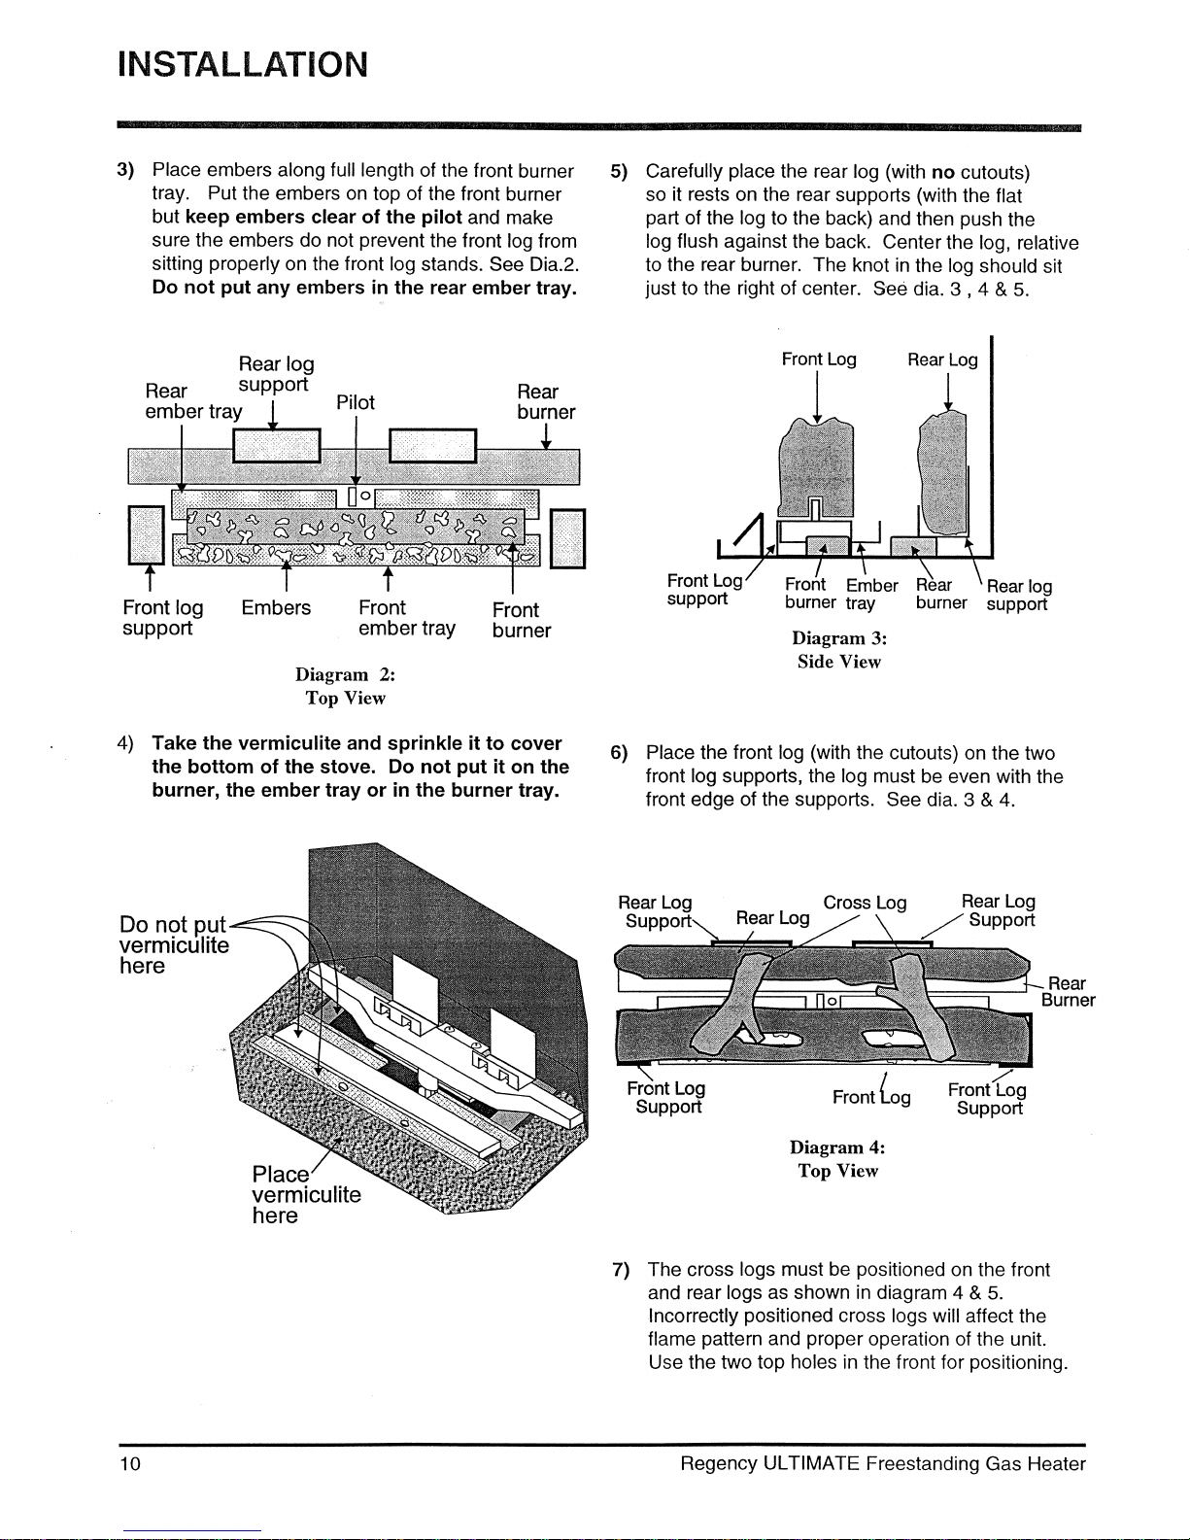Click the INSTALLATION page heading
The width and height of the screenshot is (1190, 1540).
coord(242,65)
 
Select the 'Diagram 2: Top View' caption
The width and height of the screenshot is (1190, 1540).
coord(345,686)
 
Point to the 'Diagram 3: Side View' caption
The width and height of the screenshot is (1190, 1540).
coord(839,650)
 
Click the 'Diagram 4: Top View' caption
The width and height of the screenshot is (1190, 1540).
coord(837,1159)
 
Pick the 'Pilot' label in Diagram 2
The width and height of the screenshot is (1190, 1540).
coord(356,402)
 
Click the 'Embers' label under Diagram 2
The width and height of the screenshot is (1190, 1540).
coord(276,608)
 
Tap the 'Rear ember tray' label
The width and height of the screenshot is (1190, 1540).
coord(192,401)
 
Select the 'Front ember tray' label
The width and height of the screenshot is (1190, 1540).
coord(406,618)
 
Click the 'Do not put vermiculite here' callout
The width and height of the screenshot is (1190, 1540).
coord(173,944)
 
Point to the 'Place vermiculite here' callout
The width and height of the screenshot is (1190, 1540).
coord(305,1194)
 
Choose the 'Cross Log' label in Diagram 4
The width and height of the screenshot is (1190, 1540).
coord(865,903)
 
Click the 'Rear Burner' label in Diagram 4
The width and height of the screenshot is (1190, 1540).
coord(1068,992)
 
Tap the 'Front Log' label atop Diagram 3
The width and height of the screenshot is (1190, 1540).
coord(819,359)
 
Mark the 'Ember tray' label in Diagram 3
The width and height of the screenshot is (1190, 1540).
coord(871,594)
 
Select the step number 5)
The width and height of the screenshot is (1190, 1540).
coord(619,172)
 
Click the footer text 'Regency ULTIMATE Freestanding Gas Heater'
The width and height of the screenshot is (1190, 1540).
coord(882,1464)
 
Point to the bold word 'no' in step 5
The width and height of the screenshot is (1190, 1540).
coord(943,172)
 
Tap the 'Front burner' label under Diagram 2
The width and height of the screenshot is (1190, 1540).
coord(521,620)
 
